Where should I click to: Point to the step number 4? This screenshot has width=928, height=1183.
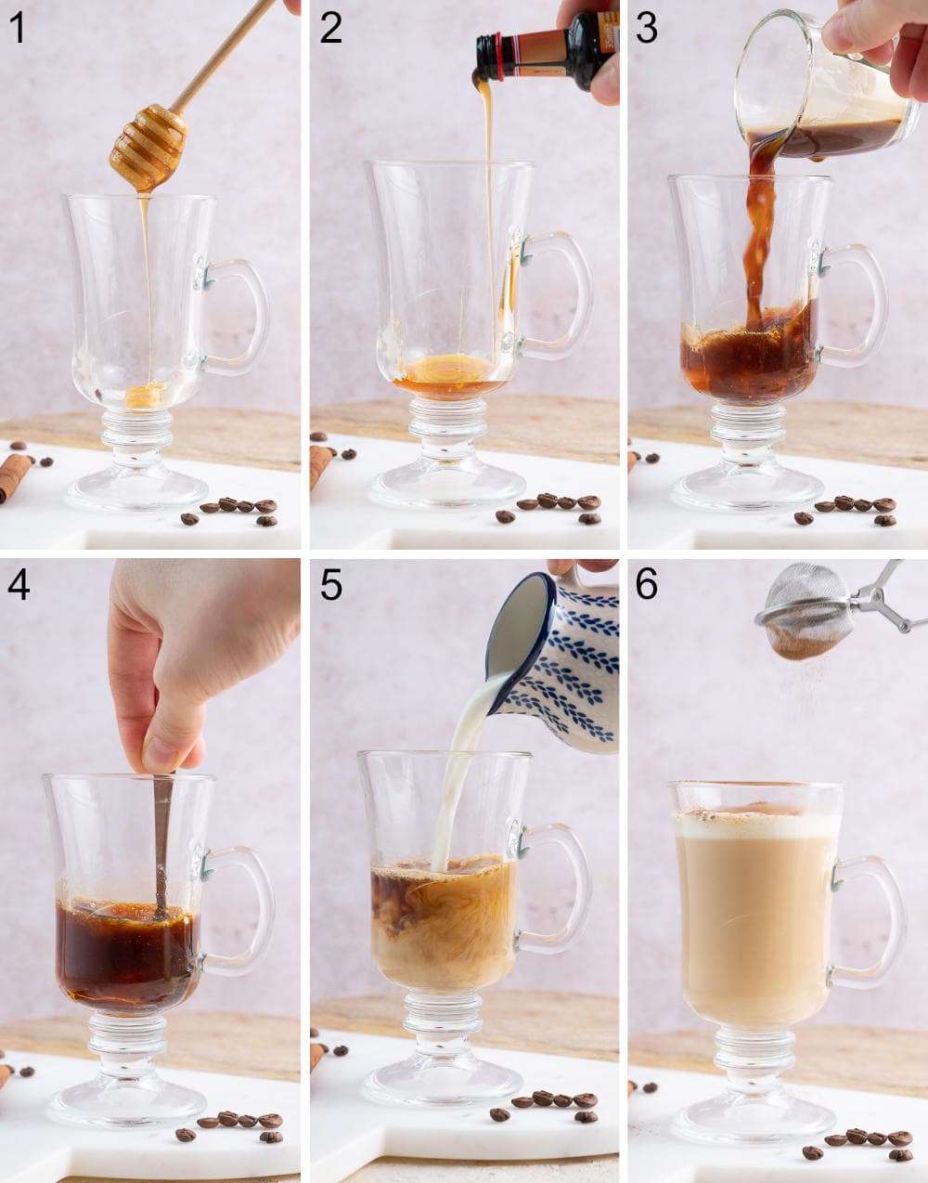(x=18, y=585)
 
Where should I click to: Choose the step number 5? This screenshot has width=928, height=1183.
(x=331, y=585)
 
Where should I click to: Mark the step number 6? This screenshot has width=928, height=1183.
(x=647, y=585)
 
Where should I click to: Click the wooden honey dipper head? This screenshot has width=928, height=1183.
(x=148, y=147)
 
